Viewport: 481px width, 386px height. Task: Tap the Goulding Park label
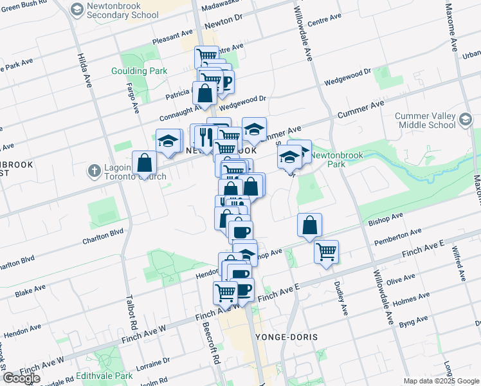(139, 71)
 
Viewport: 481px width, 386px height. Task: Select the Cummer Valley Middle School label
(424, 121)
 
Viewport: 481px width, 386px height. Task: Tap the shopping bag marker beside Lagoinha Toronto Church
(144, 163)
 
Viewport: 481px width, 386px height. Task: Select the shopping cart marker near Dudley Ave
(326, 251)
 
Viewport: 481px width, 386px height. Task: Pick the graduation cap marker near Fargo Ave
(168, 142)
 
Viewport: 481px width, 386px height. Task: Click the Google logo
(21, 378)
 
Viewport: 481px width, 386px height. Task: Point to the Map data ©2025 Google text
(440, 380)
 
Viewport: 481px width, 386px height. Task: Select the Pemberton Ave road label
(398, 236)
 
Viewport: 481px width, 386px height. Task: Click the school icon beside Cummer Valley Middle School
(465, 118)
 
